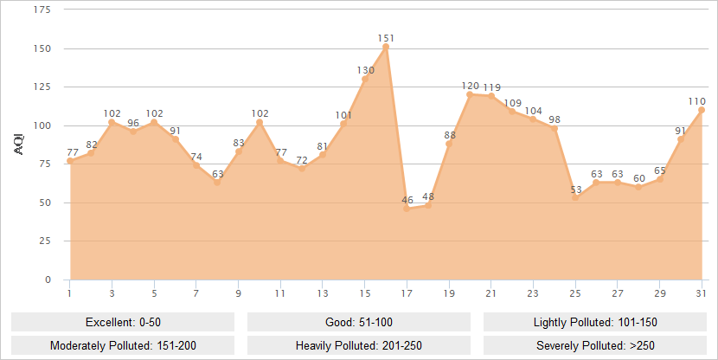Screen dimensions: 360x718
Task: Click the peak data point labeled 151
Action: coord(386,47)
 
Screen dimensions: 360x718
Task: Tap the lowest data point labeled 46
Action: coord(407,209)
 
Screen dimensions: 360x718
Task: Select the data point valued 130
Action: coord(365,79)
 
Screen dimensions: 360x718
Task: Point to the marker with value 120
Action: coord(470,94)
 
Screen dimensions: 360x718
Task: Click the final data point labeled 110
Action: coord(702,110)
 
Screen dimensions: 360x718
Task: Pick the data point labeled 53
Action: coord(575,198)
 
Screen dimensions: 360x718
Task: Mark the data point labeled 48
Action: coord(428,205)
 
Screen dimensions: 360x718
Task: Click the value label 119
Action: coord(491,87)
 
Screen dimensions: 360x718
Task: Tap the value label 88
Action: coord(450,135)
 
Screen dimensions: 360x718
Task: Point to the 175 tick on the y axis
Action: coord(42,10)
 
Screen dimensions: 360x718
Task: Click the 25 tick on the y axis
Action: coord(44,241)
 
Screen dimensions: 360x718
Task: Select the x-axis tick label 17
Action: coord(407,293)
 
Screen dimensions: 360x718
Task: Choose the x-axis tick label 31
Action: coord(702,293)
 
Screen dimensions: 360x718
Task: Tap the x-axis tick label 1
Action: coord(69,293)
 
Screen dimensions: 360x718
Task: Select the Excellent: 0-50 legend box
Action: coord(123,322)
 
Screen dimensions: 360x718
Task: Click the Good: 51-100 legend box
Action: coord(359,322)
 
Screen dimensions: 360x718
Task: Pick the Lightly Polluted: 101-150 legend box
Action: coord(595,322)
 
